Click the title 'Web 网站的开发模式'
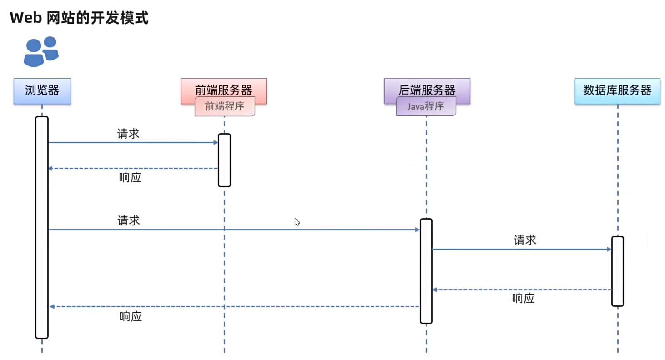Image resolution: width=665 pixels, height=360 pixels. click(79, 18)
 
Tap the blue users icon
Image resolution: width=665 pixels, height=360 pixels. click(41, 51)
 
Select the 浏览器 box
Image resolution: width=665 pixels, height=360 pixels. click(42, 91)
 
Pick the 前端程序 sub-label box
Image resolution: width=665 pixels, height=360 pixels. click(225, 107)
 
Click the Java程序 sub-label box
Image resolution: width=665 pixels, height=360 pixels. click(426, 107)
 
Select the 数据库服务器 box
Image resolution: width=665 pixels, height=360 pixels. click(617, 91)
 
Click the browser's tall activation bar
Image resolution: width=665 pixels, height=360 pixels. click(42, 227)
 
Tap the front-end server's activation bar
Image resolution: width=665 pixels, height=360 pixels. click(224, 160)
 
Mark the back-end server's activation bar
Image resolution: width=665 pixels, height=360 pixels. click(426, 271)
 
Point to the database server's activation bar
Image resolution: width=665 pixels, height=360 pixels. click(617, 271)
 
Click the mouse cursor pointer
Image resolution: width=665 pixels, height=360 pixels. click(297, 222)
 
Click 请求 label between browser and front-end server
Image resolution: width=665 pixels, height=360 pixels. click(128, 134)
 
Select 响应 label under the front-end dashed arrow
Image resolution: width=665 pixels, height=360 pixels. click(130, 178)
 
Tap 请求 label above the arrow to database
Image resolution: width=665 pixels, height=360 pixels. click(525, 240)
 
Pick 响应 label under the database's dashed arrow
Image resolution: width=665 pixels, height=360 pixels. click(523, 299)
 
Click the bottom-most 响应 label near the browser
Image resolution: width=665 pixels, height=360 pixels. click(131, 317)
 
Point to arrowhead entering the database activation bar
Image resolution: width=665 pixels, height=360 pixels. click(609, 249)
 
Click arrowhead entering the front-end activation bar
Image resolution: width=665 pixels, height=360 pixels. click(216, 142)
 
